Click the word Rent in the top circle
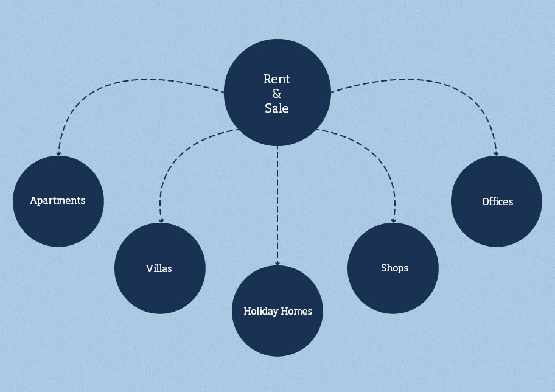pos(276,79)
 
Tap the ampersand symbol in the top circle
pos(277,94)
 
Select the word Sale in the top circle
pos(276,108)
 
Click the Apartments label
pos(58,201)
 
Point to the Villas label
pos(159,268)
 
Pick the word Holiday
pos(261,311)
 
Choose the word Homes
pos(296,311)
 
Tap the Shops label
pos(395,268)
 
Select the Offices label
pos(497,201)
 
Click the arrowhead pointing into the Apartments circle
pos(58,153)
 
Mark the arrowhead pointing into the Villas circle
pos(161,220)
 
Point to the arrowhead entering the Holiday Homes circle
pos(277,263)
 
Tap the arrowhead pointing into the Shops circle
pos(393,220)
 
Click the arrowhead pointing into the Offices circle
pos(496,153)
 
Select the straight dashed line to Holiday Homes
pos(277,206)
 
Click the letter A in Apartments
pos(34,200)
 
